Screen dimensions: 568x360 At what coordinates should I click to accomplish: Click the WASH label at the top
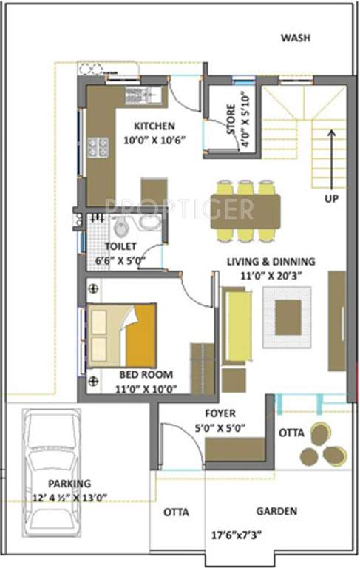pyautogui.click(x=295, y=38)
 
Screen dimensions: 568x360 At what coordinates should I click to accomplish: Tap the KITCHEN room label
pyautogui.click(x=154, y=125)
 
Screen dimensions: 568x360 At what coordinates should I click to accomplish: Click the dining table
pyautogui.click(x=245, y=210)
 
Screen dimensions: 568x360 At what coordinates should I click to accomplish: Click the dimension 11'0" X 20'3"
pyautogui.click(x=271, y=275)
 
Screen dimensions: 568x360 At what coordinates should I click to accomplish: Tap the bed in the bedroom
pyautogui.click(x=122, y=335)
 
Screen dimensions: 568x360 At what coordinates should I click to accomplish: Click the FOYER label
pyautogui.click(x=220, y=413)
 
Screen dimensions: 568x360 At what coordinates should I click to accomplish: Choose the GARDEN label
pyautogui.click(x=276, y=511)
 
